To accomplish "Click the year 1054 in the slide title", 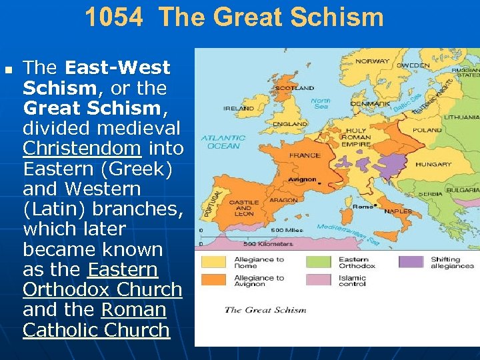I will click(113, 18).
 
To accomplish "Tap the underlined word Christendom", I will click(82, 148).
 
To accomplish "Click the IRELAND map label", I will click(238, 108).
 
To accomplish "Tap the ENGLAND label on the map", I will click(290, 124).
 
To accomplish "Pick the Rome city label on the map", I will click(363, 207).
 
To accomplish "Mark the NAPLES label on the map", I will click(399, 211).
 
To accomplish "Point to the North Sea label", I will click(321, 104).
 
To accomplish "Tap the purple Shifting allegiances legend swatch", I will click(411, 262).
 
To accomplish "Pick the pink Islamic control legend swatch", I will click(318, 280).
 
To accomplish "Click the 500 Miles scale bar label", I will click(283, 230).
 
